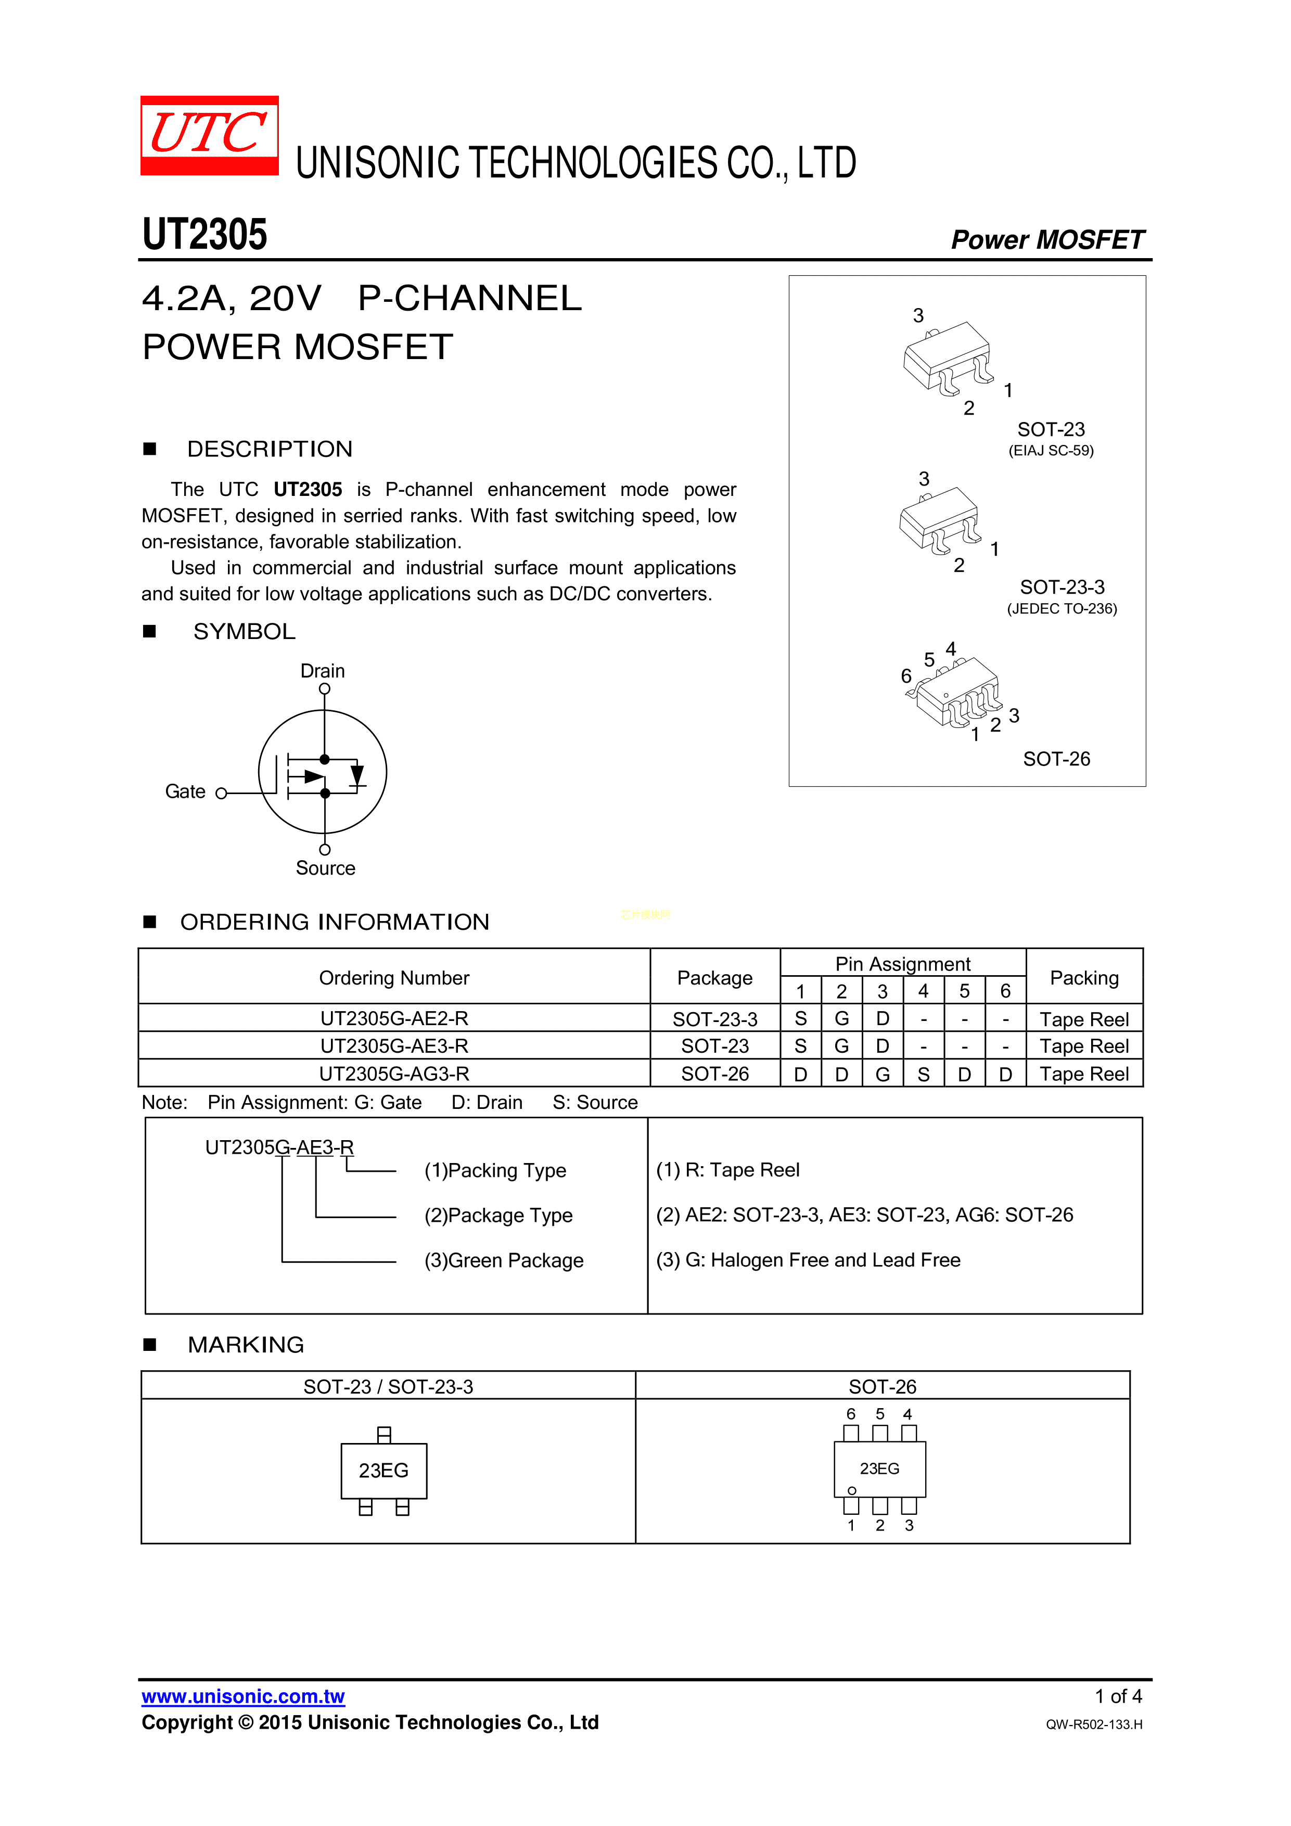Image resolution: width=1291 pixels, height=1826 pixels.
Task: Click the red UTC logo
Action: (x=209, y=135)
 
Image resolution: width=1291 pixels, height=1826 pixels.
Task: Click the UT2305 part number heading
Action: (x=204, y=235)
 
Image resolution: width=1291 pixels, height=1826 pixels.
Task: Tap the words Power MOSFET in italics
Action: (x=1047, y=239)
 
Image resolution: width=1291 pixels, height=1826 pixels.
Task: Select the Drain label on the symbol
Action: (x=322, y=670)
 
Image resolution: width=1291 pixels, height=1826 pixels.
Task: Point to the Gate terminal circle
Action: (x=222, y=793)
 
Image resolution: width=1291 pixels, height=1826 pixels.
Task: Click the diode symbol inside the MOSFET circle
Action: (x=357, y=775)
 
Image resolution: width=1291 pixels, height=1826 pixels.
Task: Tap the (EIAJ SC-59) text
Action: (x=1051, y=451)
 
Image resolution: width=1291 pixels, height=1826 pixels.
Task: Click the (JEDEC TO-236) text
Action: (x=1062, y=609)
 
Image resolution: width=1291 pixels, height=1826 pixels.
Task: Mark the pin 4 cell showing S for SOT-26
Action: (x=923, y=1075)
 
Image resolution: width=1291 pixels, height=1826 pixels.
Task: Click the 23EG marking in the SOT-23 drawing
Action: (x=384, y=1471)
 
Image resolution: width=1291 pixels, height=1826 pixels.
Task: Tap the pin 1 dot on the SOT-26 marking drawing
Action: (x=852, y=1490)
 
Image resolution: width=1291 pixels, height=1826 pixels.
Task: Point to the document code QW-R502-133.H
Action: (x=1094, y=1724)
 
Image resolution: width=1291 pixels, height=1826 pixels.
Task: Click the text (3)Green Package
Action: (x=504, y=1260)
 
